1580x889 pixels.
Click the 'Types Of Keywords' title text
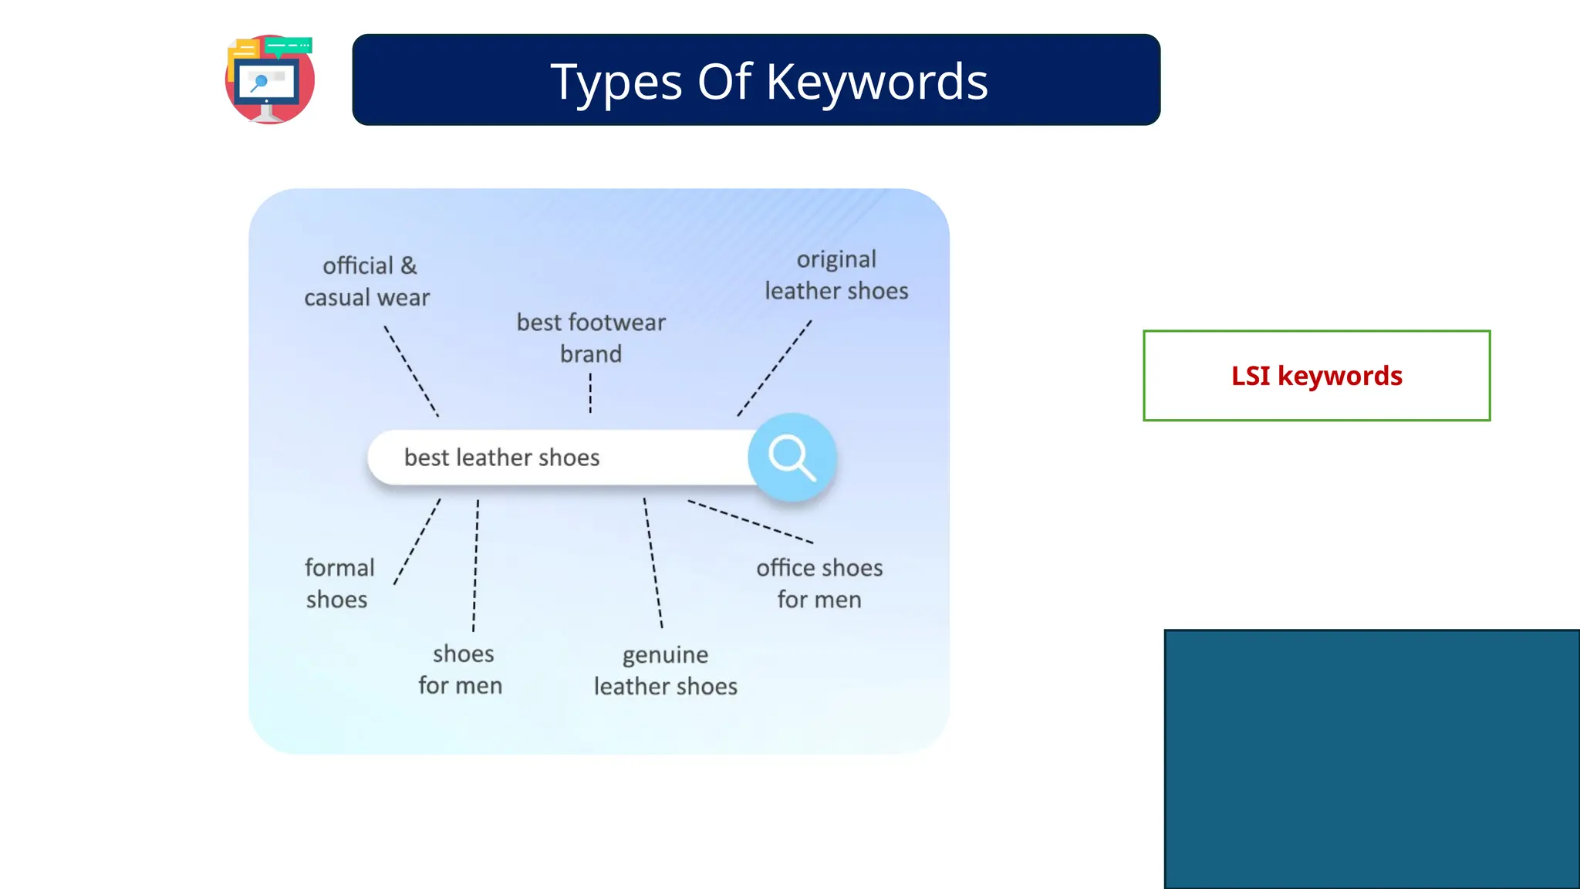(768, 81)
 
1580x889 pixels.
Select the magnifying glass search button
(792, 457)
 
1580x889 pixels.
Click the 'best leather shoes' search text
(501, 458)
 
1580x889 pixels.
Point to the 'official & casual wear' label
(367, 282)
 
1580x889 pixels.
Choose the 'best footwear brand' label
(591, 338)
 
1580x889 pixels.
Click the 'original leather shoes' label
(836, 275)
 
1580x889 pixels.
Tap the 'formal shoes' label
(339, 583)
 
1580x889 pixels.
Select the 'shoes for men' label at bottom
(461, 670)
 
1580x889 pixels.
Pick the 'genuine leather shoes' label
(665, 671)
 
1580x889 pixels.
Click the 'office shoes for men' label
(819, 583)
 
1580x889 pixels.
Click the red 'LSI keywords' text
(1316, 376)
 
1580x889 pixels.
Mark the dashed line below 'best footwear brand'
(590, 394)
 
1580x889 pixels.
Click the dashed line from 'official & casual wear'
(411, 370)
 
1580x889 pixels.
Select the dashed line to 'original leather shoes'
(774, 368)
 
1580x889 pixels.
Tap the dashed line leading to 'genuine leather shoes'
(653, 563)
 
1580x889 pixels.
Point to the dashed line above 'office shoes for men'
(750, 522)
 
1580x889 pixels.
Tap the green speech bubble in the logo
(289, 46)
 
